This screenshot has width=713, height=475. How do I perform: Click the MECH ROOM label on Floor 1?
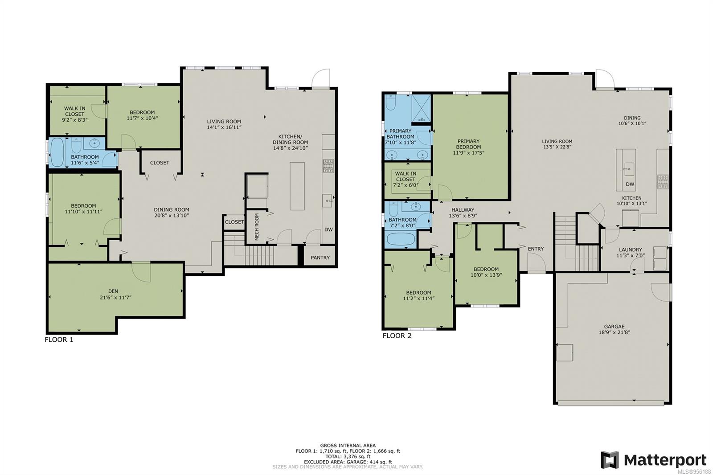click(257, 227)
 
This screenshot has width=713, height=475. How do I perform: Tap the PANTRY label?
click(320, 258)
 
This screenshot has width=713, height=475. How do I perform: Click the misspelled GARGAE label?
click(614, 326)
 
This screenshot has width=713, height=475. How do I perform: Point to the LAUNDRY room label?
click(630, 250)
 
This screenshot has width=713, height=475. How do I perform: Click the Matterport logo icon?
click(609, 460)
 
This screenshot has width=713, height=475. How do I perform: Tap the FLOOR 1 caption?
click(59, 340)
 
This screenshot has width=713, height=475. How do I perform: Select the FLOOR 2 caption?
click(397, 336)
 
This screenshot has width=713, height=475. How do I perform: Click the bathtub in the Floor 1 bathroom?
click(57, 152)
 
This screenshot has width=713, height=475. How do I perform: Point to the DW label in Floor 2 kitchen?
click(630, 184)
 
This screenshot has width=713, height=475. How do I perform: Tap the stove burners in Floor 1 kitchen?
click(328, 166)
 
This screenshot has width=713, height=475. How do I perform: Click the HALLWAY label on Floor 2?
click(463, 210)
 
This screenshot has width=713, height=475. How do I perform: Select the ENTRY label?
click(536, 249)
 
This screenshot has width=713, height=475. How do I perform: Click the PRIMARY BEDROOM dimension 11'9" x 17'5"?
click(468, 153)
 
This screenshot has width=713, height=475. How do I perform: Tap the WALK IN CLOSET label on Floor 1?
click(74, 111)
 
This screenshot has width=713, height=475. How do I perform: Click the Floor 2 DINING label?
click(632, 118)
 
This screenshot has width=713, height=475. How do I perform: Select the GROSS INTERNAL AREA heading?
click(348, 445)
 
